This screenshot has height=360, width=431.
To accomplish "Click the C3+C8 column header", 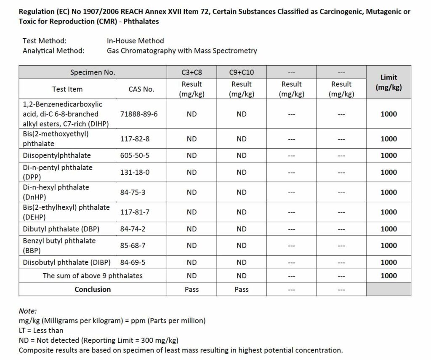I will (192, 72).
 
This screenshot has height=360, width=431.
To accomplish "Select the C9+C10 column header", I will (242, 72).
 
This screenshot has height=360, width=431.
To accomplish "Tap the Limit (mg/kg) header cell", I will (388, 82).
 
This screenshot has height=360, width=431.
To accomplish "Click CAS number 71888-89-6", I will (139, 114).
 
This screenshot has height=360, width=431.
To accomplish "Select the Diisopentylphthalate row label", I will (57, 155).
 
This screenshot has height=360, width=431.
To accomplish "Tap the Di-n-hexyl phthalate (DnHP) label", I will (56, 192).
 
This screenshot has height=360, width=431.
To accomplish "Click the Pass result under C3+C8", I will (192, 289).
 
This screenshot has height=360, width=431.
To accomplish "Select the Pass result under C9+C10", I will (242, 289).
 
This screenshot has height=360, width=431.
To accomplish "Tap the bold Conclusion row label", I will (93, 289).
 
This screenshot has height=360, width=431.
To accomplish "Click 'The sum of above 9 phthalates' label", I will (93, 276).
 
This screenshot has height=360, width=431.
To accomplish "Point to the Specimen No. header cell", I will (93, 72).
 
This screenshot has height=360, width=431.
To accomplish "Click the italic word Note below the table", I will (28, 311).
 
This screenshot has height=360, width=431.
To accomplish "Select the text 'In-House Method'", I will (136, 41).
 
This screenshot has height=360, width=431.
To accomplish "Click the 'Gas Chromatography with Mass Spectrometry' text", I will (182, 51).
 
